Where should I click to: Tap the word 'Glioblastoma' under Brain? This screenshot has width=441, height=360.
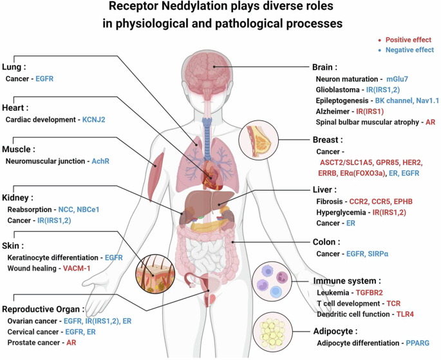pos(339,90)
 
